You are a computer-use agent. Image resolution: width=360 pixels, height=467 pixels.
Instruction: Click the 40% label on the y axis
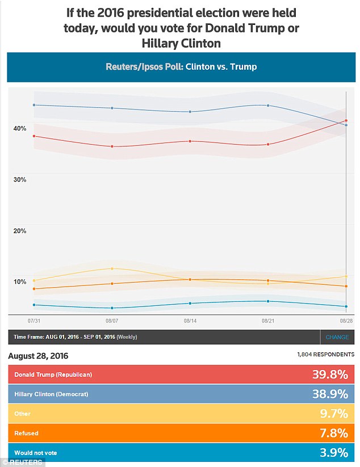(x=20, y=128)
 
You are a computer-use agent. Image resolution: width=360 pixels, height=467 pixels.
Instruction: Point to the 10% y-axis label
(x=20, y=281)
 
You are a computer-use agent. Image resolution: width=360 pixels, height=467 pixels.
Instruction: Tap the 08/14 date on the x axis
(x=190, y=321)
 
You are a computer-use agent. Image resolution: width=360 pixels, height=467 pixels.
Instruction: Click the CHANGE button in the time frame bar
(x=337, y=337)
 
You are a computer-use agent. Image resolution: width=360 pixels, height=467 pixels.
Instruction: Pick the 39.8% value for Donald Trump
(x=329, y=375)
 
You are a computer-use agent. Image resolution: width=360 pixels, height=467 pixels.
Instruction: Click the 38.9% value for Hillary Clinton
(x=329, y=394)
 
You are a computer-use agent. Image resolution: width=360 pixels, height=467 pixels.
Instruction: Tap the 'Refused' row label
(x=26, y=434)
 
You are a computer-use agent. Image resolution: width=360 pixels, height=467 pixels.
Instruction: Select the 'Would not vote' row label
(x=35, y=453)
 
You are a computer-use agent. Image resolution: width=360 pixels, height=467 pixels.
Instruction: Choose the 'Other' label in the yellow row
(x=23, y=414)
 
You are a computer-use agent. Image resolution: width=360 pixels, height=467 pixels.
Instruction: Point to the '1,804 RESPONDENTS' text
(x=325, y=355)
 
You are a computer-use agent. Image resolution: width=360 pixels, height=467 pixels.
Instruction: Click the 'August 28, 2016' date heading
(x=38, y=356)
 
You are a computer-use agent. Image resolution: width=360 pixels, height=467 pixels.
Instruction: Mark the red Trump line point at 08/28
(x=346, y=121)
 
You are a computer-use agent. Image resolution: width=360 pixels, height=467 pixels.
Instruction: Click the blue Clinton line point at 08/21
(x=268, y=105)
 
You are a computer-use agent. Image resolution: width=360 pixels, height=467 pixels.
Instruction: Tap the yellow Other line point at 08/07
(x=112, y=268)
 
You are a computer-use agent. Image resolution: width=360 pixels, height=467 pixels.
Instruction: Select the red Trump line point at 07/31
(x=34, y=136)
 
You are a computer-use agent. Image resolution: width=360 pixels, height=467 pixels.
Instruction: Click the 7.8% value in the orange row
(x=333, y=434)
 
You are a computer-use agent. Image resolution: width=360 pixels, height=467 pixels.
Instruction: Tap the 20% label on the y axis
(x=20, y=230)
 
